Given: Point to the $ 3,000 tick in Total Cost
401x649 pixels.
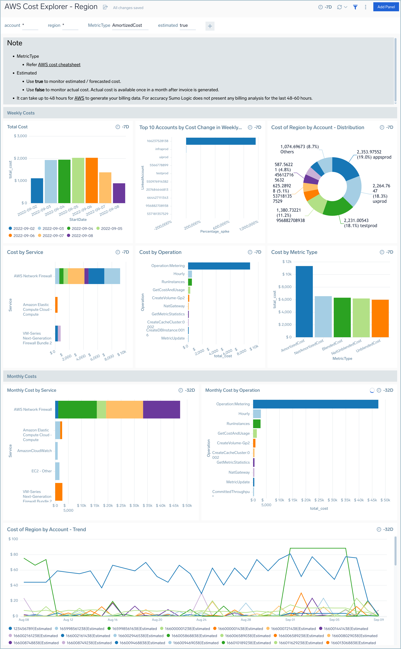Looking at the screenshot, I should point(20,136).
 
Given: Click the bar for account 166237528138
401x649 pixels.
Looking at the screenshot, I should point(220,141).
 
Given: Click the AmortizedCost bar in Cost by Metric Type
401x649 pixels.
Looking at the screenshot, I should point(304,301).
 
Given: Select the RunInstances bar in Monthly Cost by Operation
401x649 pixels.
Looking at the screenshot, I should point(256,423).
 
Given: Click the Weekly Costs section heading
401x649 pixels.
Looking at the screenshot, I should point(21,113).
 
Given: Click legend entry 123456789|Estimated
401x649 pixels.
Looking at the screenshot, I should point(30,629).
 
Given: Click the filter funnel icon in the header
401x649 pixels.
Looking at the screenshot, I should point(355,7).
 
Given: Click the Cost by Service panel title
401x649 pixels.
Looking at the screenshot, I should point(25,252).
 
